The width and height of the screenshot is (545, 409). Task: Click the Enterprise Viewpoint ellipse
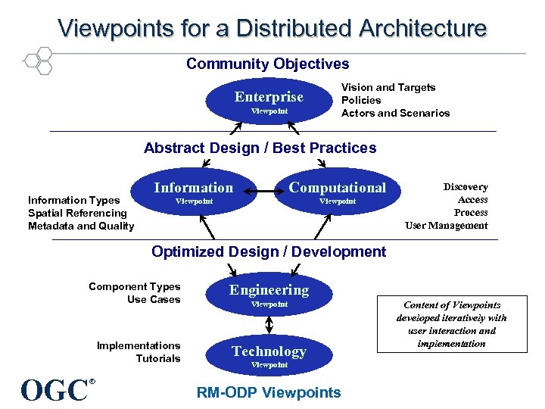click(x=269, y=101)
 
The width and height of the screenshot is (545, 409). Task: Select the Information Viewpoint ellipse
click(x=194, y=192)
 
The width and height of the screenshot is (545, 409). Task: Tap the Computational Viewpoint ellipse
click(x=337, y=192)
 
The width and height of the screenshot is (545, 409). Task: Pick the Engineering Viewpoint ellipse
click(x=269, y=295)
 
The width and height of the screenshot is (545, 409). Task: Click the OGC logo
click(x=56, y=389)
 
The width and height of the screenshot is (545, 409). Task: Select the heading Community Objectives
click(x=268, y=64)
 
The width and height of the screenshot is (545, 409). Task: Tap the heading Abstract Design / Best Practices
click(x=260, y=148)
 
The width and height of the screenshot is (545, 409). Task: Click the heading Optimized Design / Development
click(x=268, y=251)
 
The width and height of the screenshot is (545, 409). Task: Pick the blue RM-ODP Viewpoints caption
click(x=269, y=392)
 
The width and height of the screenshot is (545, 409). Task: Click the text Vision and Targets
click(x=388, y=88)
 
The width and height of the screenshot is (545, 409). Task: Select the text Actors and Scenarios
click(x=395, y=113)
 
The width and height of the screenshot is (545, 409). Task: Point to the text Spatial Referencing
click(x=77, y=213)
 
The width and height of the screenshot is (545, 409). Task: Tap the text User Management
click(x=446, y=225)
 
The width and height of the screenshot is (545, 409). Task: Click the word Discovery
click(x=465, y=187)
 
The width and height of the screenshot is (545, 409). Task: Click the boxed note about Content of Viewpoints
click(x=451, y=324)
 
